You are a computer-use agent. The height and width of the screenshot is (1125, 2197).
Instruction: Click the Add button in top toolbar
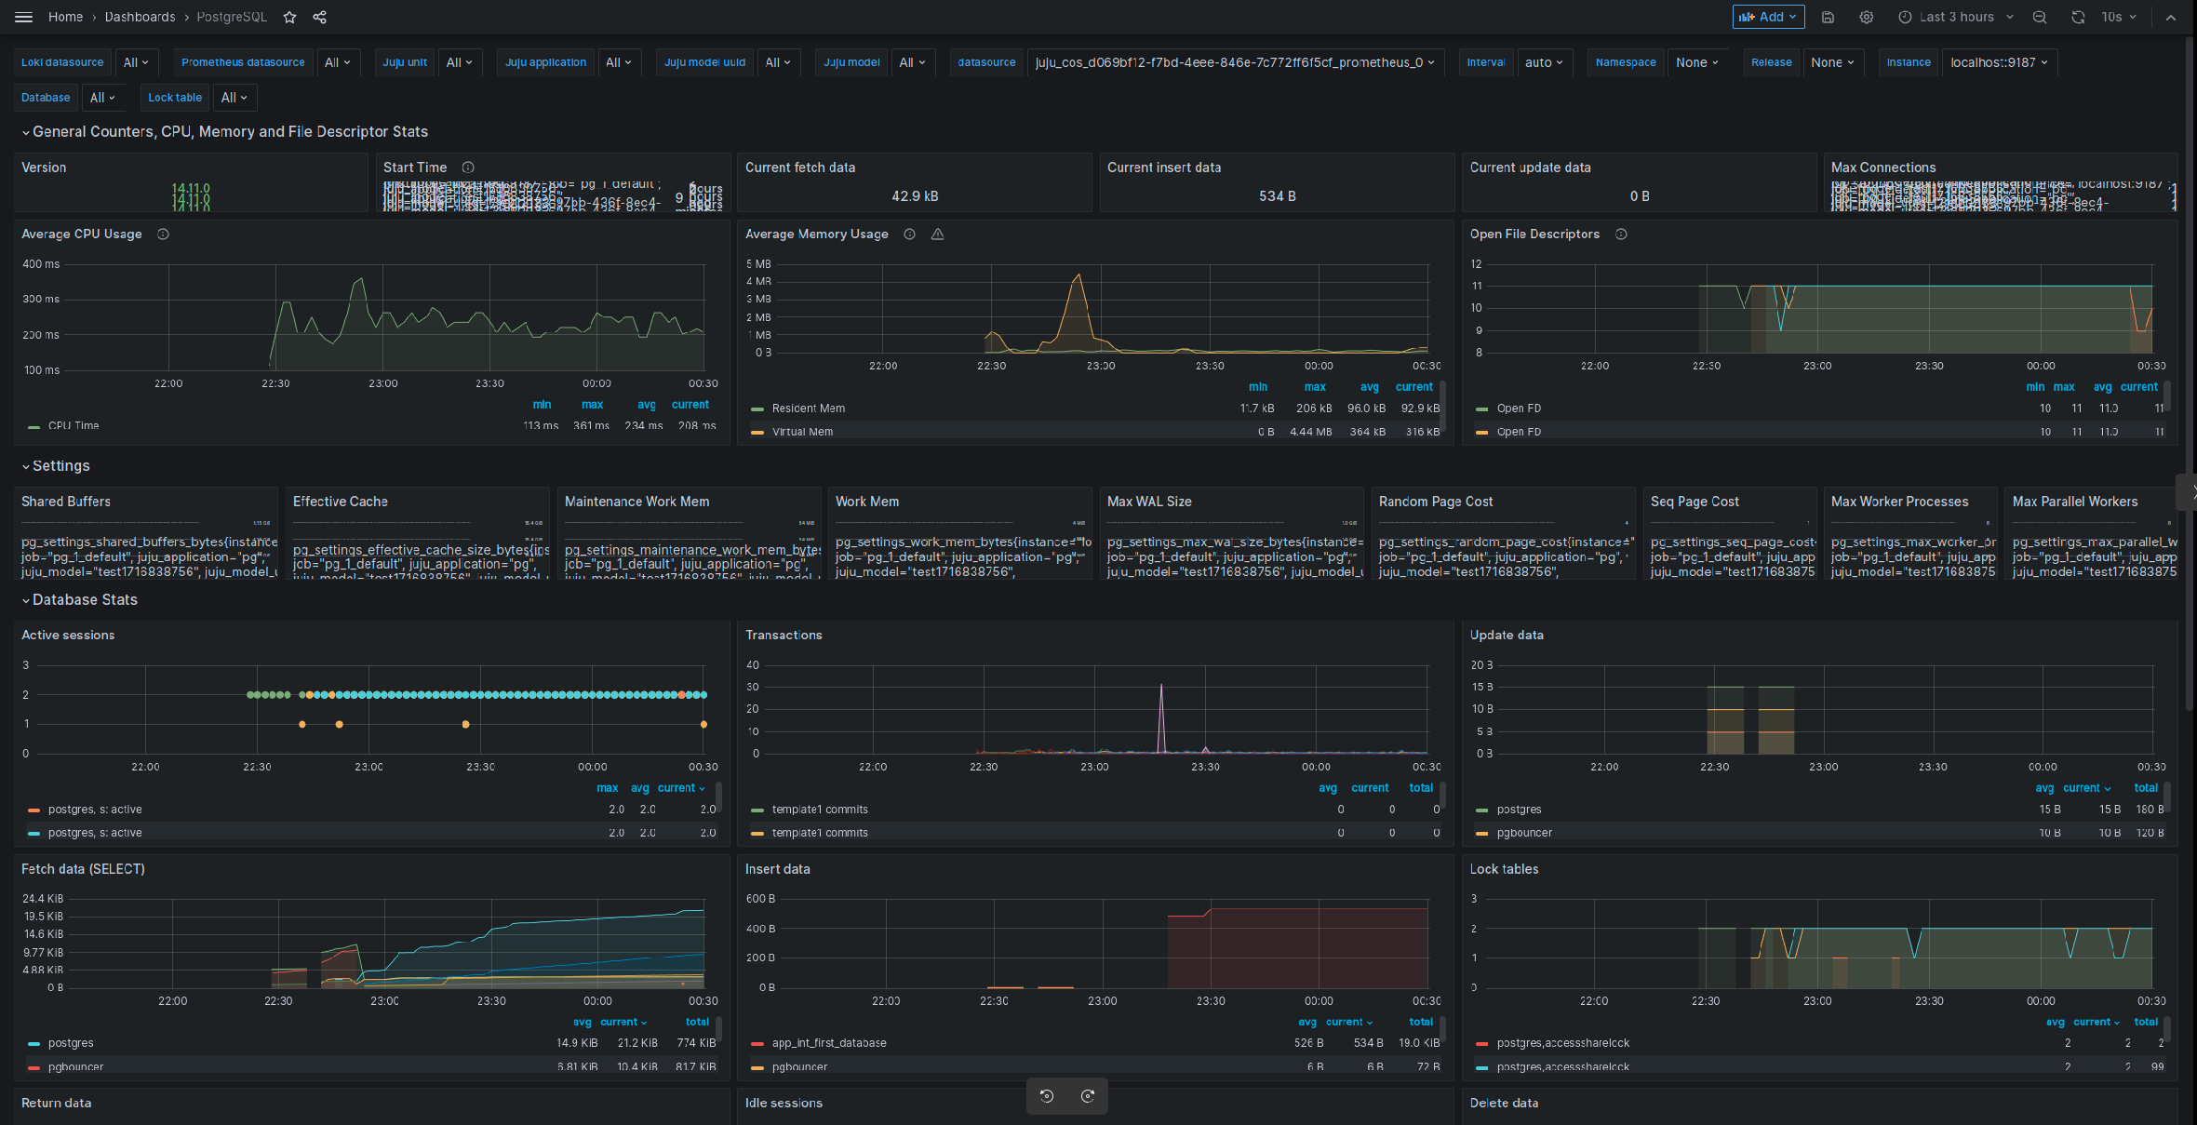pos(1767,17)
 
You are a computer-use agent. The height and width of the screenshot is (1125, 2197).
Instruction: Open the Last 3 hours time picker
pos(1955,17)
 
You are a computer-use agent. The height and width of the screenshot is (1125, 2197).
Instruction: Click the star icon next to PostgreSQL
pos(289,17)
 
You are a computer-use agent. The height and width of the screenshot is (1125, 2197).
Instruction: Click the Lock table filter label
pos(175,98)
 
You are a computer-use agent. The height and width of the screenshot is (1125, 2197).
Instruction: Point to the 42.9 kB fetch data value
pos(915,196)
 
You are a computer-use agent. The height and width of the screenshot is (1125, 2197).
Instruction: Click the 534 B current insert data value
pos(1277,196)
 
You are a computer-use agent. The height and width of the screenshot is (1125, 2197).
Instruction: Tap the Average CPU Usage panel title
pos(82,234)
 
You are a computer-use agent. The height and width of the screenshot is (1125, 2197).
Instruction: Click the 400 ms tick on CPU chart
pos(41,264)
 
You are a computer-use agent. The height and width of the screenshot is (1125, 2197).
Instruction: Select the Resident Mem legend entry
pos(808,408)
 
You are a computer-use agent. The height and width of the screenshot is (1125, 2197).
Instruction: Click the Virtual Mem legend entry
pos(802,432)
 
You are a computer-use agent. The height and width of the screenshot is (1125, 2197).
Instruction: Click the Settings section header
pos(61,466)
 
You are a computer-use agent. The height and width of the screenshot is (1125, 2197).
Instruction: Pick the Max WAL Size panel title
pos(1149,502)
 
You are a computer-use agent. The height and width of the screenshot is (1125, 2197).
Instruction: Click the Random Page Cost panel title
pos(1435,502)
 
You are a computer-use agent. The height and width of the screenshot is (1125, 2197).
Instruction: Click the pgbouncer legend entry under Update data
pos(1524,833)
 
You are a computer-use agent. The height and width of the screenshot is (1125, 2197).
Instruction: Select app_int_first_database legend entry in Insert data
pos(828,1043)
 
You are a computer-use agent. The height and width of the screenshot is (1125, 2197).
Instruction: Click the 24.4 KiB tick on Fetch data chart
pos(43,899)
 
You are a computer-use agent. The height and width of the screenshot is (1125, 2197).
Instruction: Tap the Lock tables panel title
pos(1504,869)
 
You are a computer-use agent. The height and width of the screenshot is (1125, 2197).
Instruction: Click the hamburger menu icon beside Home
pos(24,17)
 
